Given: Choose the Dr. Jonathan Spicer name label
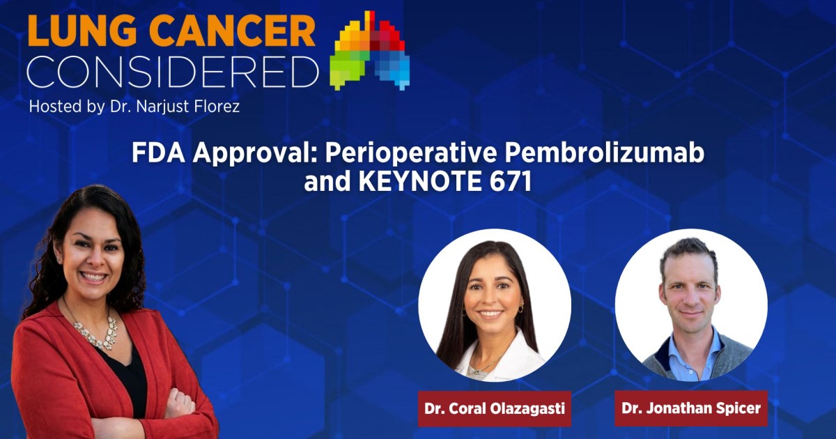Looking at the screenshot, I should (690, 408).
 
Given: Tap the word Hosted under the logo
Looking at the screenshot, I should (53, 107).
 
